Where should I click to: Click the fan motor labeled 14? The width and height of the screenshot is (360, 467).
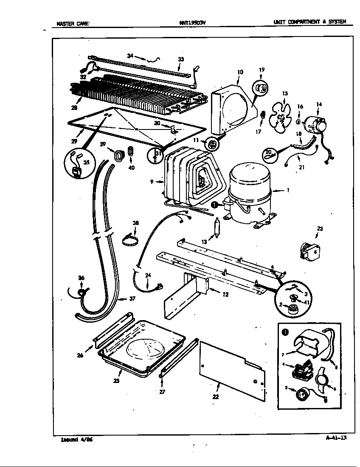tap(317, 124)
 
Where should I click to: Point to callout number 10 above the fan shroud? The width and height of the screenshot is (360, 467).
tap(240, 72)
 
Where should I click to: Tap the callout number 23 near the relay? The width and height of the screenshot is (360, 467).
tap(320, 229)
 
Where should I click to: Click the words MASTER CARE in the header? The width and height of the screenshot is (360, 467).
tap(73, 24)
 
